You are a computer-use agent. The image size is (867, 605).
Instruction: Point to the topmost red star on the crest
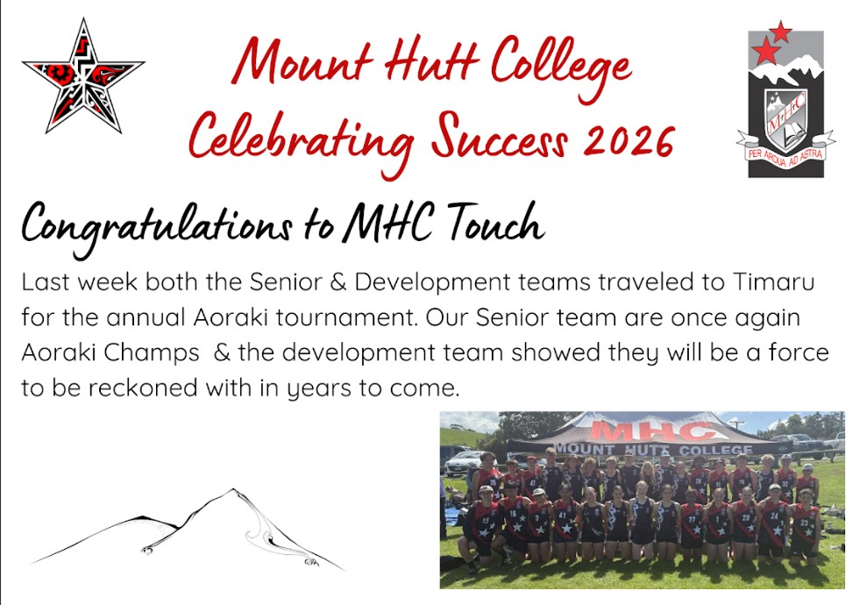(x=780, y=32)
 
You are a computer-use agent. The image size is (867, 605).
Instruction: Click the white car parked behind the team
(x=465, y=461)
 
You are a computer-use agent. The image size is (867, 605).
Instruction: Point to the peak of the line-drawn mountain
(x=231, y=490)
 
